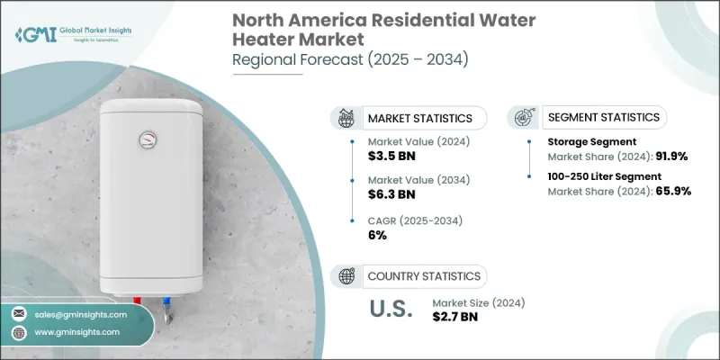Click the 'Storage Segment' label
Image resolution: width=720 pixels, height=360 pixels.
pyautogui.click(x=591, y=142)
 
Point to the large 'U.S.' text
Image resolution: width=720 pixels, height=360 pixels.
pyautogui.click(x=392, y=310)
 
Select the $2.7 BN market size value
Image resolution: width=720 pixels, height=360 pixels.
pyautogui.click(x=461, y=318)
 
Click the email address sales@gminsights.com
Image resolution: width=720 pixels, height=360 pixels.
pyautogui.click(x=81, y=314)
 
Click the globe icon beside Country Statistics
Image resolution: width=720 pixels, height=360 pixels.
pyautogui.click(x=346, y=276)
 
